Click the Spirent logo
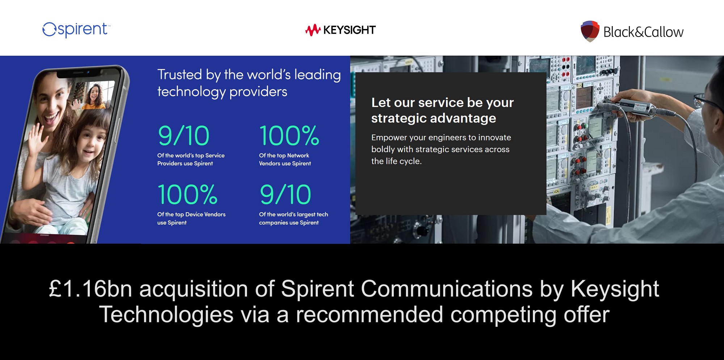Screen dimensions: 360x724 [76, 30]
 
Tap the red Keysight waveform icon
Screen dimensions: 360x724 [313, 30]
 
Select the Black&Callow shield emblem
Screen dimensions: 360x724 [590, 31]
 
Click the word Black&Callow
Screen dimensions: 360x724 [643, 32]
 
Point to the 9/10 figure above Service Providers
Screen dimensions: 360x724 [184, 136]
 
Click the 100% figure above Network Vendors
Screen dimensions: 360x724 [289, 136]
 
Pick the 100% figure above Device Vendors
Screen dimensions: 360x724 [187, 194]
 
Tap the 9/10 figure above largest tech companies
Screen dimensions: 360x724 [285, 194]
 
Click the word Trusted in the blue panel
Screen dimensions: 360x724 [180, 75]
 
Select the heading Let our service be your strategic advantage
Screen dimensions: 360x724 [442, 110]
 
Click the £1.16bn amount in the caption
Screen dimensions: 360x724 [90, 289]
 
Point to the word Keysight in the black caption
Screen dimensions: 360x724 [615, 289]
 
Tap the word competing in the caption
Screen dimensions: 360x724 [503, 314]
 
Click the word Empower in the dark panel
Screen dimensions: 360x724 [388, 138]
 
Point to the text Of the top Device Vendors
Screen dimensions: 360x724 [191, 214]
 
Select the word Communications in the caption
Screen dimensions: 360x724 [446, 289]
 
